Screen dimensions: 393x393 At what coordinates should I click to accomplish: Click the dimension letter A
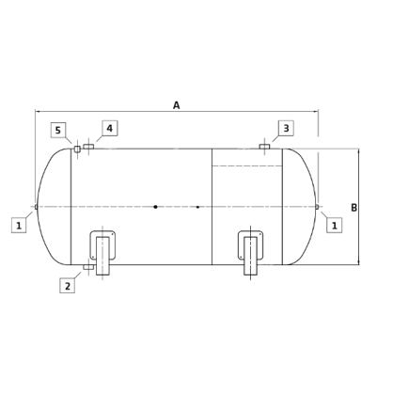[177, 105]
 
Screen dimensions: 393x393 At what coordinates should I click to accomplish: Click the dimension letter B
[354, 208]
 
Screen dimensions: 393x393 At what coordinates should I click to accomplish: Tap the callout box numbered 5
[58, 131]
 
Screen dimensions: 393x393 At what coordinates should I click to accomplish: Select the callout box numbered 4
[110, 128]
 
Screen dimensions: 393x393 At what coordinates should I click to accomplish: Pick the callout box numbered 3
[287, 128]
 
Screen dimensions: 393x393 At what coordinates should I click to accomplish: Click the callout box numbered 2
[68, 286]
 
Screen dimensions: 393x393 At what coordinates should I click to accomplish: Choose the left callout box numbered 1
[19, 226]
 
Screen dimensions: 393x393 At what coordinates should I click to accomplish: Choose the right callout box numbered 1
[335, 226]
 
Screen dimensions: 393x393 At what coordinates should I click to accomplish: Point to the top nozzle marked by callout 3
[264, 147]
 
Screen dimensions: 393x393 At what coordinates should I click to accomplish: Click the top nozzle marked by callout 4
[88, 147]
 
